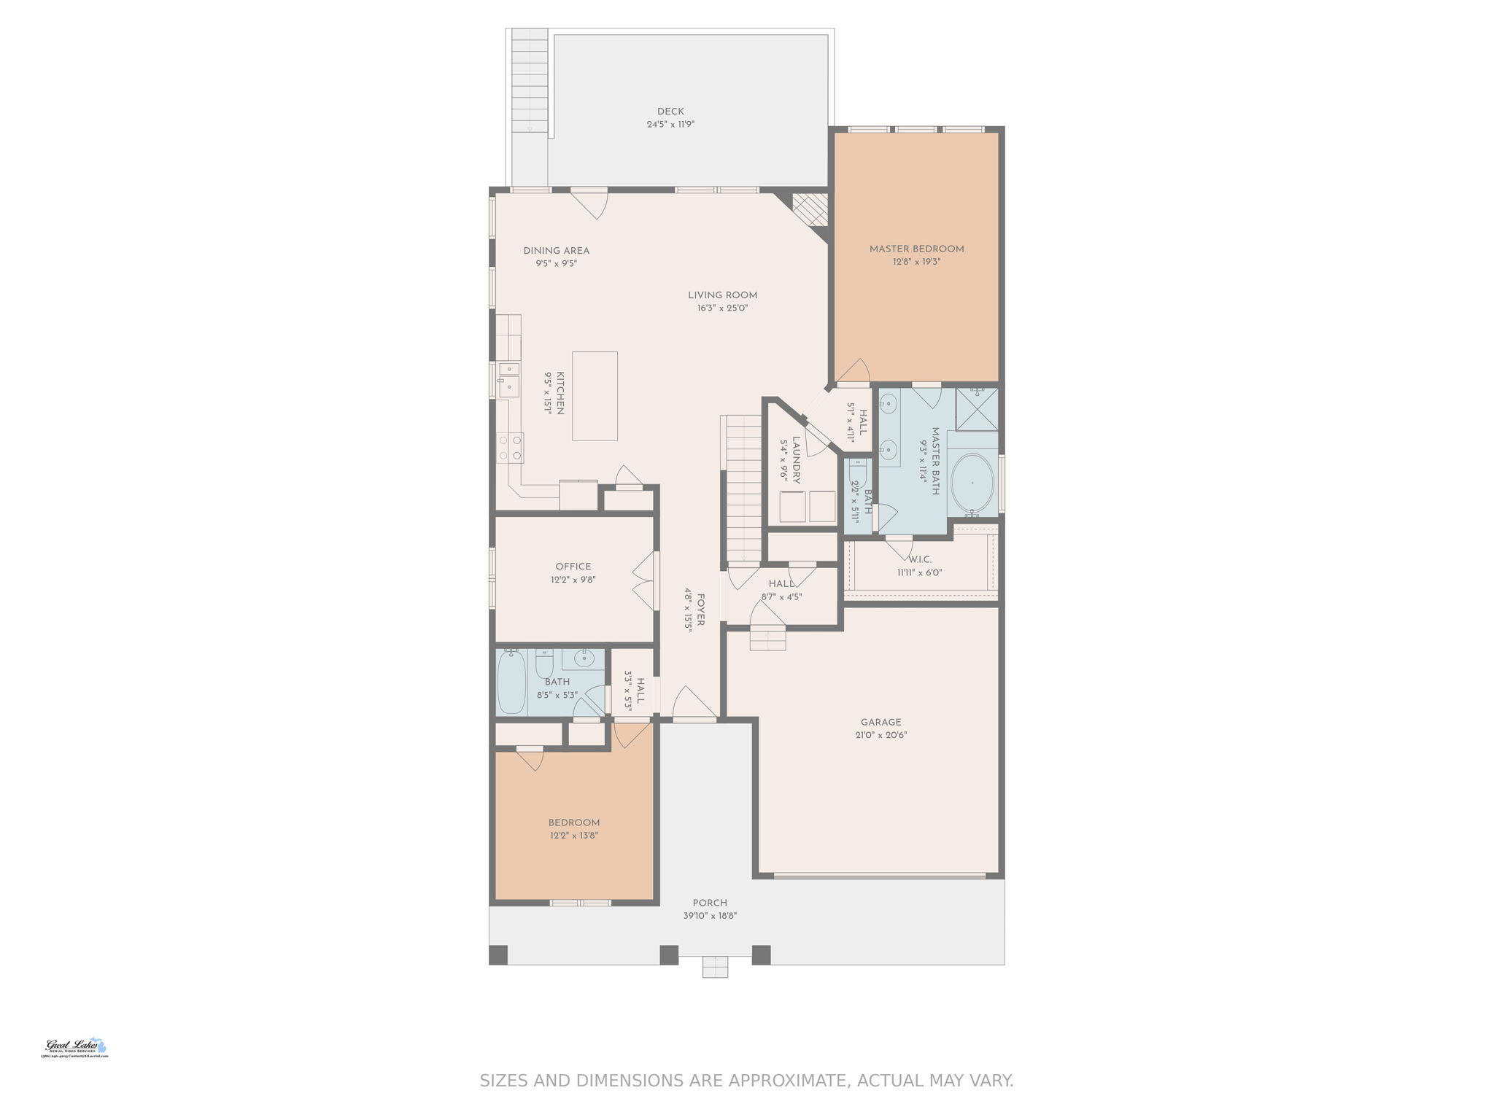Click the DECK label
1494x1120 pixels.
point(670,112)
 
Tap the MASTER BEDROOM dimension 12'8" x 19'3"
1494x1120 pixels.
point(916,262)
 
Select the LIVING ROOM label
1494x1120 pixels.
point(722,295)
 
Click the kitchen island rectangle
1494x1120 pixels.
point(595,396)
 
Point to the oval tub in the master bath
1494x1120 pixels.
point(972,483)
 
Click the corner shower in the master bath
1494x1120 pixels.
point(976,410)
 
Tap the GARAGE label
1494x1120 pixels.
point(880,723)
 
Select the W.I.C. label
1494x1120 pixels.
point(919,559)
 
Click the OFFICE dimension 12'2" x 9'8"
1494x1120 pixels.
point(573,580)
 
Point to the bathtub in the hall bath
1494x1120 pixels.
point(511,682)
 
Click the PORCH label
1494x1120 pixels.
point(709,903)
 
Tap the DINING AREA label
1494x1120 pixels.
point(556,251)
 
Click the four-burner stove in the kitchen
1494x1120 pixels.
point(510,448)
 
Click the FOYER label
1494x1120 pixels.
point(700,610)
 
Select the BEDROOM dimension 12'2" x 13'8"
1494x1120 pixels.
point(573,836)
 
